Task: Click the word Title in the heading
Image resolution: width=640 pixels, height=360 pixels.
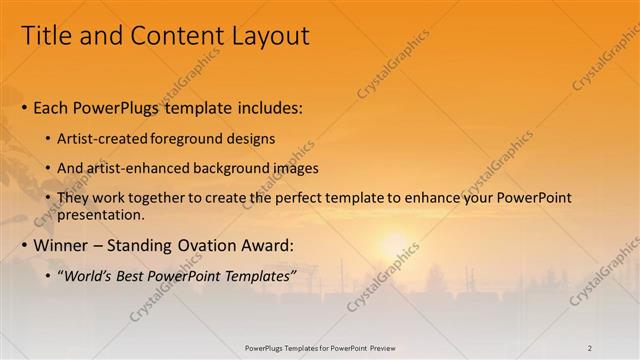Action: point(46,36)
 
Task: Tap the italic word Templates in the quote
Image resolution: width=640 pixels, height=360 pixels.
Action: point(261,275)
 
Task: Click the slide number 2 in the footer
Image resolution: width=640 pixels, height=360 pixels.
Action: point(590,347)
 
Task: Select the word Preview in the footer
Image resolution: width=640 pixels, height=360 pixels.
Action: point(379,347)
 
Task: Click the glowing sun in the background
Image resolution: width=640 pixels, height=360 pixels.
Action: point(393,246)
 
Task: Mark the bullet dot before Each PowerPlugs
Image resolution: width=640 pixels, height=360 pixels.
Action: point(24,107)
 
